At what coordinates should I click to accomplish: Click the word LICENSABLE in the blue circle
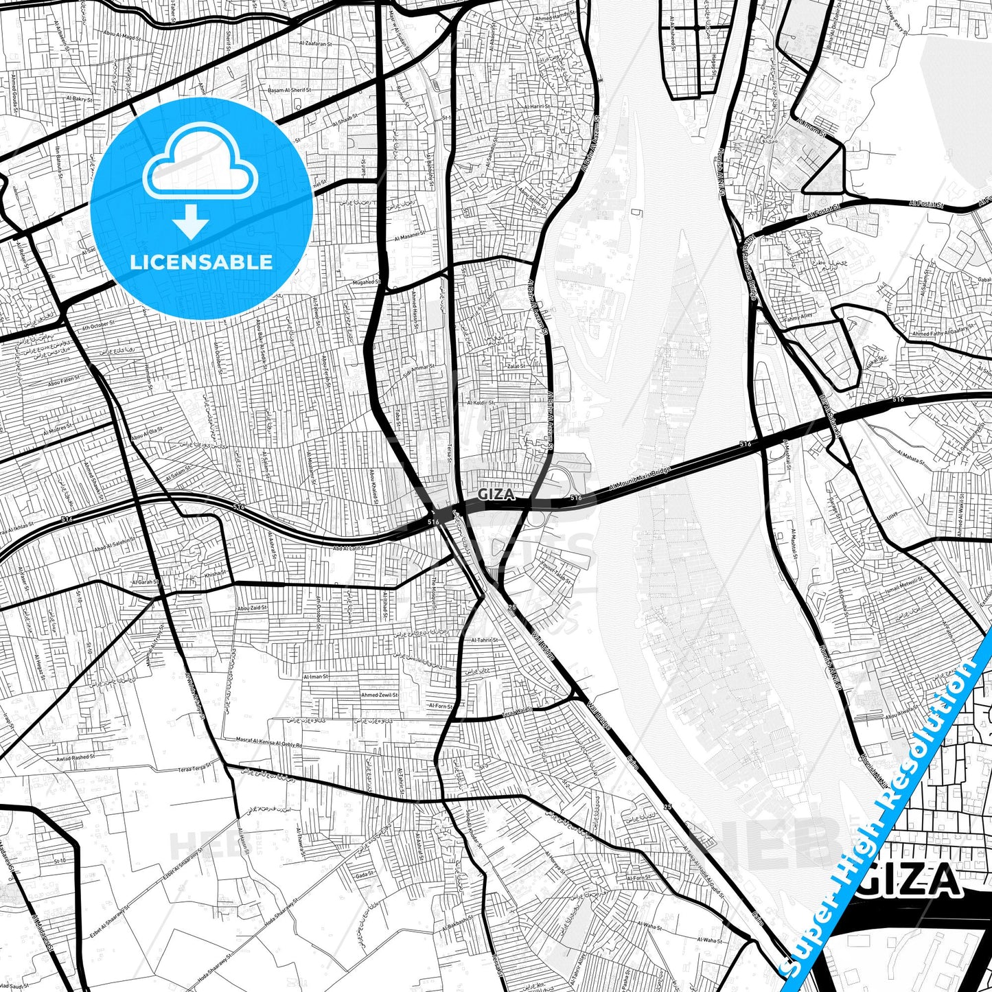[x=201, y=262]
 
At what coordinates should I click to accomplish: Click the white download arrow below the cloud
[x=191, y=222]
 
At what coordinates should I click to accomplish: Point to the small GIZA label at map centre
[x=495, y=494]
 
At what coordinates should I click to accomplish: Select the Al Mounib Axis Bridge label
[x=641, y=477]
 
